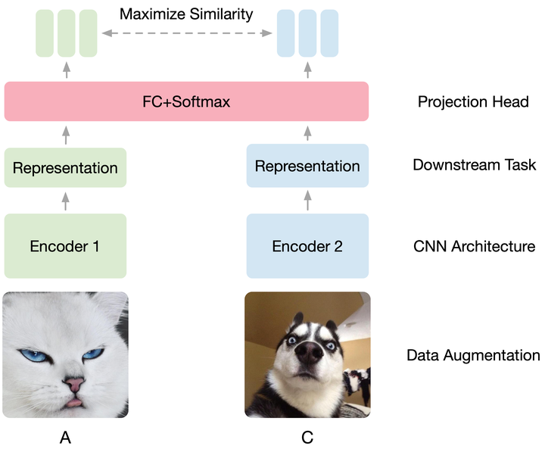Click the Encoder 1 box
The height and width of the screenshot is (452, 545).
click(65, 246)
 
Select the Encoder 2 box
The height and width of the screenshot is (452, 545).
click(307, 246)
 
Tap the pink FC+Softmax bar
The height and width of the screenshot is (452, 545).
click(186, 101)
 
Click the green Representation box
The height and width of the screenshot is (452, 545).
click(65, 168)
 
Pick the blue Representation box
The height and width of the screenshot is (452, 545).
click(307, 166)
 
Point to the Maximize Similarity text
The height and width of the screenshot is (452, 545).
click(186, 14)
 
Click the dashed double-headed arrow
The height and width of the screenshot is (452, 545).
click(187, 33)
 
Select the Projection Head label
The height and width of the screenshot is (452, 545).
click(473, 101)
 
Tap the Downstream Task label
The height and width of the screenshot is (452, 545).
click(475, 164)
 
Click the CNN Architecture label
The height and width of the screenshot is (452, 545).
click(475, 246)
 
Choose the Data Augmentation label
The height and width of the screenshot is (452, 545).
click(473, 355)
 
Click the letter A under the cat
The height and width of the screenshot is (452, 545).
click(65, 437)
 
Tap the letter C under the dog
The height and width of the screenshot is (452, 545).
click(307, 437)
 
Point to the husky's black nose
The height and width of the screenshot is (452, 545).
click(306, 353)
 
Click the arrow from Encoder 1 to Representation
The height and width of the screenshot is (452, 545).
click(65, 201)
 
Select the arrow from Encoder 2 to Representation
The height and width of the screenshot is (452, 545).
click(307, 200)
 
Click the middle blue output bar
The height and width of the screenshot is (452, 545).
click(307, 33)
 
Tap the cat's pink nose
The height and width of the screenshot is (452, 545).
click(75, 385)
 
